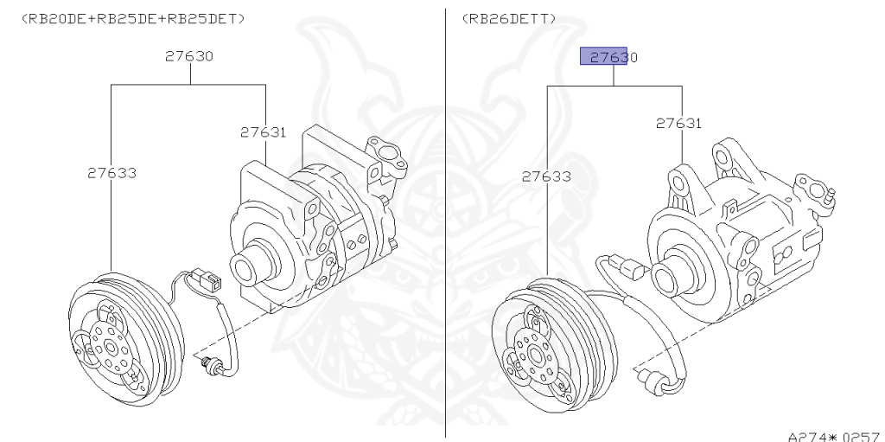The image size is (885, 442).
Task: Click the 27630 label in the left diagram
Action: [x=189, y=56]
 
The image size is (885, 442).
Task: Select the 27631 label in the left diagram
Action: [x=263, y=132]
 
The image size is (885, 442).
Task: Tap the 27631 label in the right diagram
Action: [x=678, y=123]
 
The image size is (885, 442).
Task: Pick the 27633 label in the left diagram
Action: [x=111, y=173]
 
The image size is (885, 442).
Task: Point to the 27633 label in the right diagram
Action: [x=546, y=176]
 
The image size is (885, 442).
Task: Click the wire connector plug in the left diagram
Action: [x=208, y=279]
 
